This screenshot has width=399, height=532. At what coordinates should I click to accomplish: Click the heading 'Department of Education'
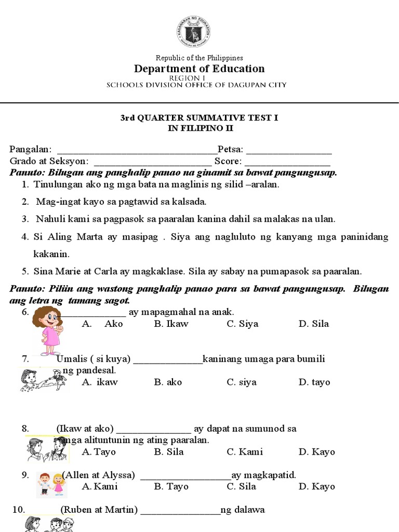coord(199,69)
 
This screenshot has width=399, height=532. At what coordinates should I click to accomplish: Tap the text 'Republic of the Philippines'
coord(199,58)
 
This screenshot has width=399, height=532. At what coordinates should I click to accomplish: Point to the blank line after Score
coord(287,162)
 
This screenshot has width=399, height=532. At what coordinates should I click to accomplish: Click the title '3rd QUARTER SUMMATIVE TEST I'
coord(199,118)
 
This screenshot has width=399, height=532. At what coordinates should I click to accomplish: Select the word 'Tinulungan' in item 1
coord(56,184)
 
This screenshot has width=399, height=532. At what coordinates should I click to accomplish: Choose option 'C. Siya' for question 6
coord(242,324)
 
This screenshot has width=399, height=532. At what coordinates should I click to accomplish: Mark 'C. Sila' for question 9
coord(241,487)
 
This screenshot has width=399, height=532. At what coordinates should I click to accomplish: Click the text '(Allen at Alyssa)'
coord(99,475)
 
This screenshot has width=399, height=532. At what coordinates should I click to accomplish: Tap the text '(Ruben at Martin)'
coord(99,510)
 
